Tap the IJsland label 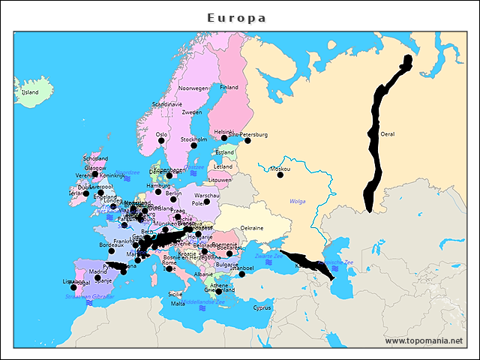pyautogui.click(x=30, y=92)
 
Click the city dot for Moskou pyautogui.click(x=280, y=175)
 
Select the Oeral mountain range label pyautogui.click(x=388, y=134)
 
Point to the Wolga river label pyautogui.click(x=298, y=201)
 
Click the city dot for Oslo pyautogui.click(x=160, y=140)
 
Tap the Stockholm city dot pyautogui.click(x=193, y=145)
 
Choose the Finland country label pyautogui.click(x=229, y=87)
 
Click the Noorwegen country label pyautogui.click(x=193, y=88)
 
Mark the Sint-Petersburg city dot pyautogui.click(x=247, y=140)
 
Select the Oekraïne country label pyautogui.click(x=251, y=228)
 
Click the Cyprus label pyautogui.click(x=262, y=307)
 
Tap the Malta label pyautogui.click(x=178, y=304)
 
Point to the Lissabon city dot pyautogui.click(x=73, y=287)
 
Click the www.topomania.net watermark pyautogui.click(x=424, y=341)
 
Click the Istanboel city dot pyautogui.click(x=242, y=274)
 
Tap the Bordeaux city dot pyautogui.click(x=111, y=250)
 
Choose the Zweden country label pyautogui.click(x=192, y=112)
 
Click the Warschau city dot pyautogui.click(x=207, y=201)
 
